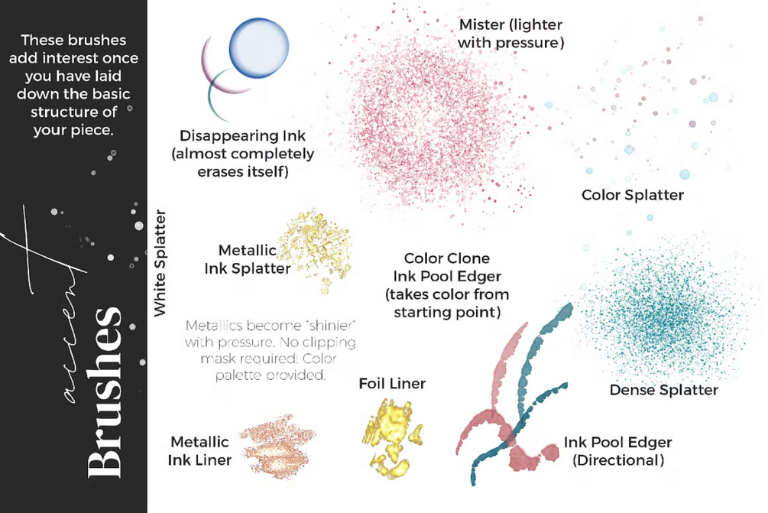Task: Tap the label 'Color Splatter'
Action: coord(632,195)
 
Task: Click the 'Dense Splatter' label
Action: coord(663,391)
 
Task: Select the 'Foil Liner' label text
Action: coord(392,383)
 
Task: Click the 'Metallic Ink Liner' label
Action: coord(200,451)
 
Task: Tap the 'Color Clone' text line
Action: coord(446,258)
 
